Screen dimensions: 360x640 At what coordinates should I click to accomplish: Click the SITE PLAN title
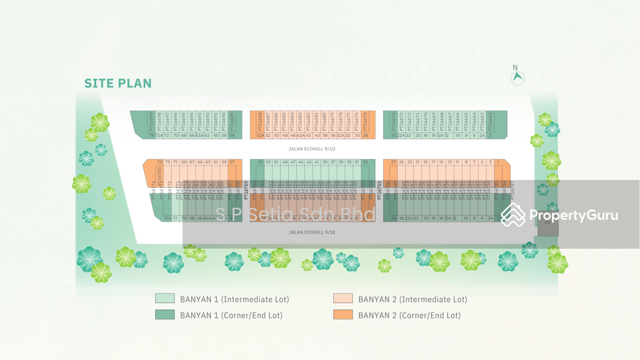(118, 83)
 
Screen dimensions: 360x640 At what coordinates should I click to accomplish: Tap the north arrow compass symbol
(518, 77)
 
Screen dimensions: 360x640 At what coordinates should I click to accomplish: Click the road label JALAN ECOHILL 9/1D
(312, 149)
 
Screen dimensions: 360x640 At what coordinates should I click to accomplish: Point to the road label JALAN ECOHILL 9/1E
(312, 232)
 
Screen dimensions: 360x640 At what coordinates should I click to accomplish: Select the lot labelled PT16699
(151, 122)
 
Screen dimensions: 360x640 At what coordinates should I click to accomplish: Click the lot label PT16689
(232, 122)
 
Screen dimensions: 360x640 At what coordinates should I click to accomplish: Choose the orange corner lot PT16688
(260, 122)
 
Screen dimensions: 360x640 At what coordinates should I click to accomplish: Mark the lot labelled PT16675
(365, 122)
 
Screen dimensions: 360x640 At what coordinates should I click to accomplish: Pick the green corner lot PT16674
(393, 122)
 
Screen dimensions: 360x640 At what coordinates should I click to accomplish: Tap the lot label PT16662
(490, 122)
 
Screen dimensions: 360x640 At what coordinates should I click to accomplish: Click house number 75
(160, 162)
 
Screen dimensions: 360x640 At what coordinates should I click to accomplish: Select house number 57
(232, 162)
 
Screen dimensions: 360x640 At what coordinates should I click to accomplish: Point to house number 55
(260, 162)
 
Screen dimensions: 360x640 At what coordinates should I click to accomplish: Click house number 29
(365, 162)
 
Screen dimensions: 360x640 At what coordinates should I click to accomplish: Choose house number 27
(393, 162)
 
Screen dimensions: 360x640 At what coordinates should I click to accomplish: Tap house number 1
(498, 162)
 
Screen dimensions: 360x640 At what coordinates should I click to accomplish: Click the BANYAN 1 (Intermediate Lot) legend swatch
(165, 298)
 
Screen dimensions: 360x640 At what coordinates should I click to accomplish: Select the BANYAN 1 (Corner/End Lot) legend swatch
(165, 314)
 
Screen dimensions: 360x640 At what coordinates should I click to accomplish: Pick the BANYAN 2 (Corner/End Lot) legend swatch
(343, 314)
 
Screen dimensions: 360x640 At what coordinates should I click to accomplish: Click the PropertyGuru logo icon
(513, 215)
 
